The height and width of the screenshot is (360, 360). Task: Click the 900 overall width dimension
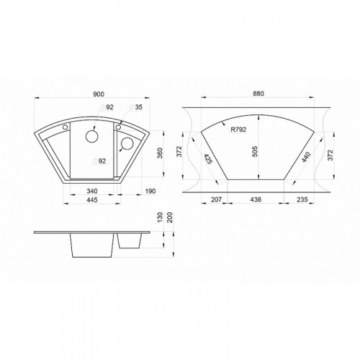coord(99,94)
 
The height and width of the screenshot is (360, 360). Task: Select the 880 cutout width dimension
coord(258,94)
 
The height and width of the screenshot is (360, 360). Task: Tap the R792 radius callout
coord(238,130)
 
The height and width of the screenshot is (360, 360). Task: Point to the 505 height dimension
coord(255,151)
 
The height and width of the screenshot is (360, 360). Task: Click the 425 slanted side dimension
coord(208,159)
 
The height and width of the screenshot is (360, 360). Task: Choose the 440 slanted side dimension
coord(307,157)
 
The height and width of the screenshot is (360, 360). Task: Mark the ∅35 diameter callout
coord(136,107)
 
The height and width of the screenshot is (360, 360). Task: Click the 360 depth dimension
coord(160,153)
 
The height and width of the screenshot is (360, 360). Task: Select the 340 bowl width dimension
coord(92,191)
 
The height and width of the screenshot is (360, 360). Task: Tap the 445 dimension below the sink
coord(91,199)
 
